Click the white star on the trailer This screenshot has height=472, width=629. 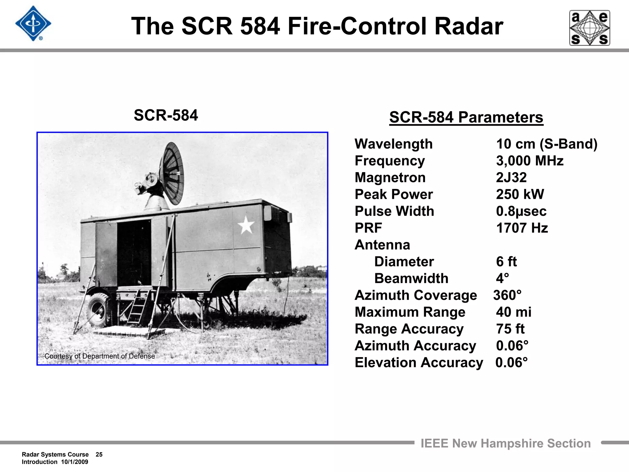(246, 225)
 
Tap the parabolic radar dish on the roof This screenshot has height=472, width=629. (171, 174)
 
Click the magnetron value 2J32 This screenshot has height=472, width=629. (511, 178)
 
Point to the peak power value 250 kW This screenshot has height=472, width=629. (520, 194)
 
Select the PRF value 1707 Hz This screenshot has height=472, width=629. (522, 228)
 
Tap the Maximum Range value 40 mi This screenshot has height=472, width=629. (514, 312)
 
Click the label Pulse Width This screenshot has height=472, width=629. (394, 211)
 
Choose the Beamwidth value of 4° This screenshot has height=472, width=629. (502, 278)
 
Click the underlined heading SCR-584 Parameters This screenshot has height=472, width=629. (466, 117)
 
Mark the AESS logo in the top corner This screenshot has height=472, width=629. (589, 28)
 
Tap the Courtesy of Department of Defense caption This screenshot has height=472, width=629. (100, 356)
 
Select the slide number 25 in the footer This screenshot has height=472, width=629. (99, 454)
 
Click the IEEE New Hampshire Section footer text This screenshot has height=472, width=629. (505, 443)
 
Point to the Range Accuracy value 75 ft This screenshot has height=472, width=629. (510, 329)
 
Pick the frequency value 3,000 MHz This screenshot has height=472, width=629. (529, 161)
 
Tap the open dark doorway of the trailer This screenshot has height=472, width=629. (134, 252)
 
